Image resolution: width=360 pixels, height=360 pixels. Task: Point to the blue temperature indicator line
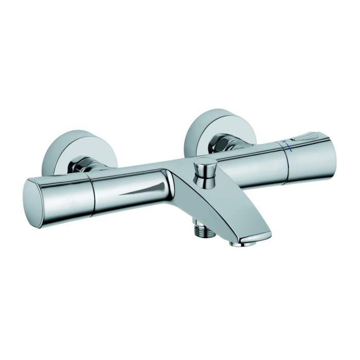[x=291, y=148]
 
